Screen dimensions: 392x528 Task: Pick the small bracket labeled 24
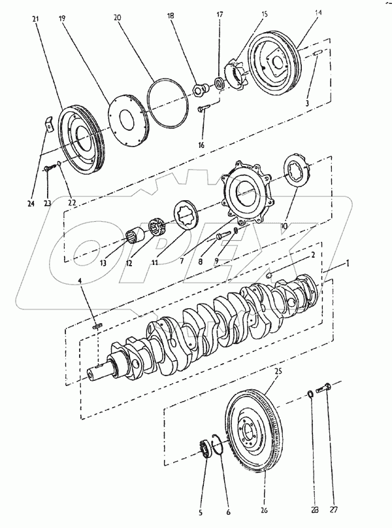tap(48, 123)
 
